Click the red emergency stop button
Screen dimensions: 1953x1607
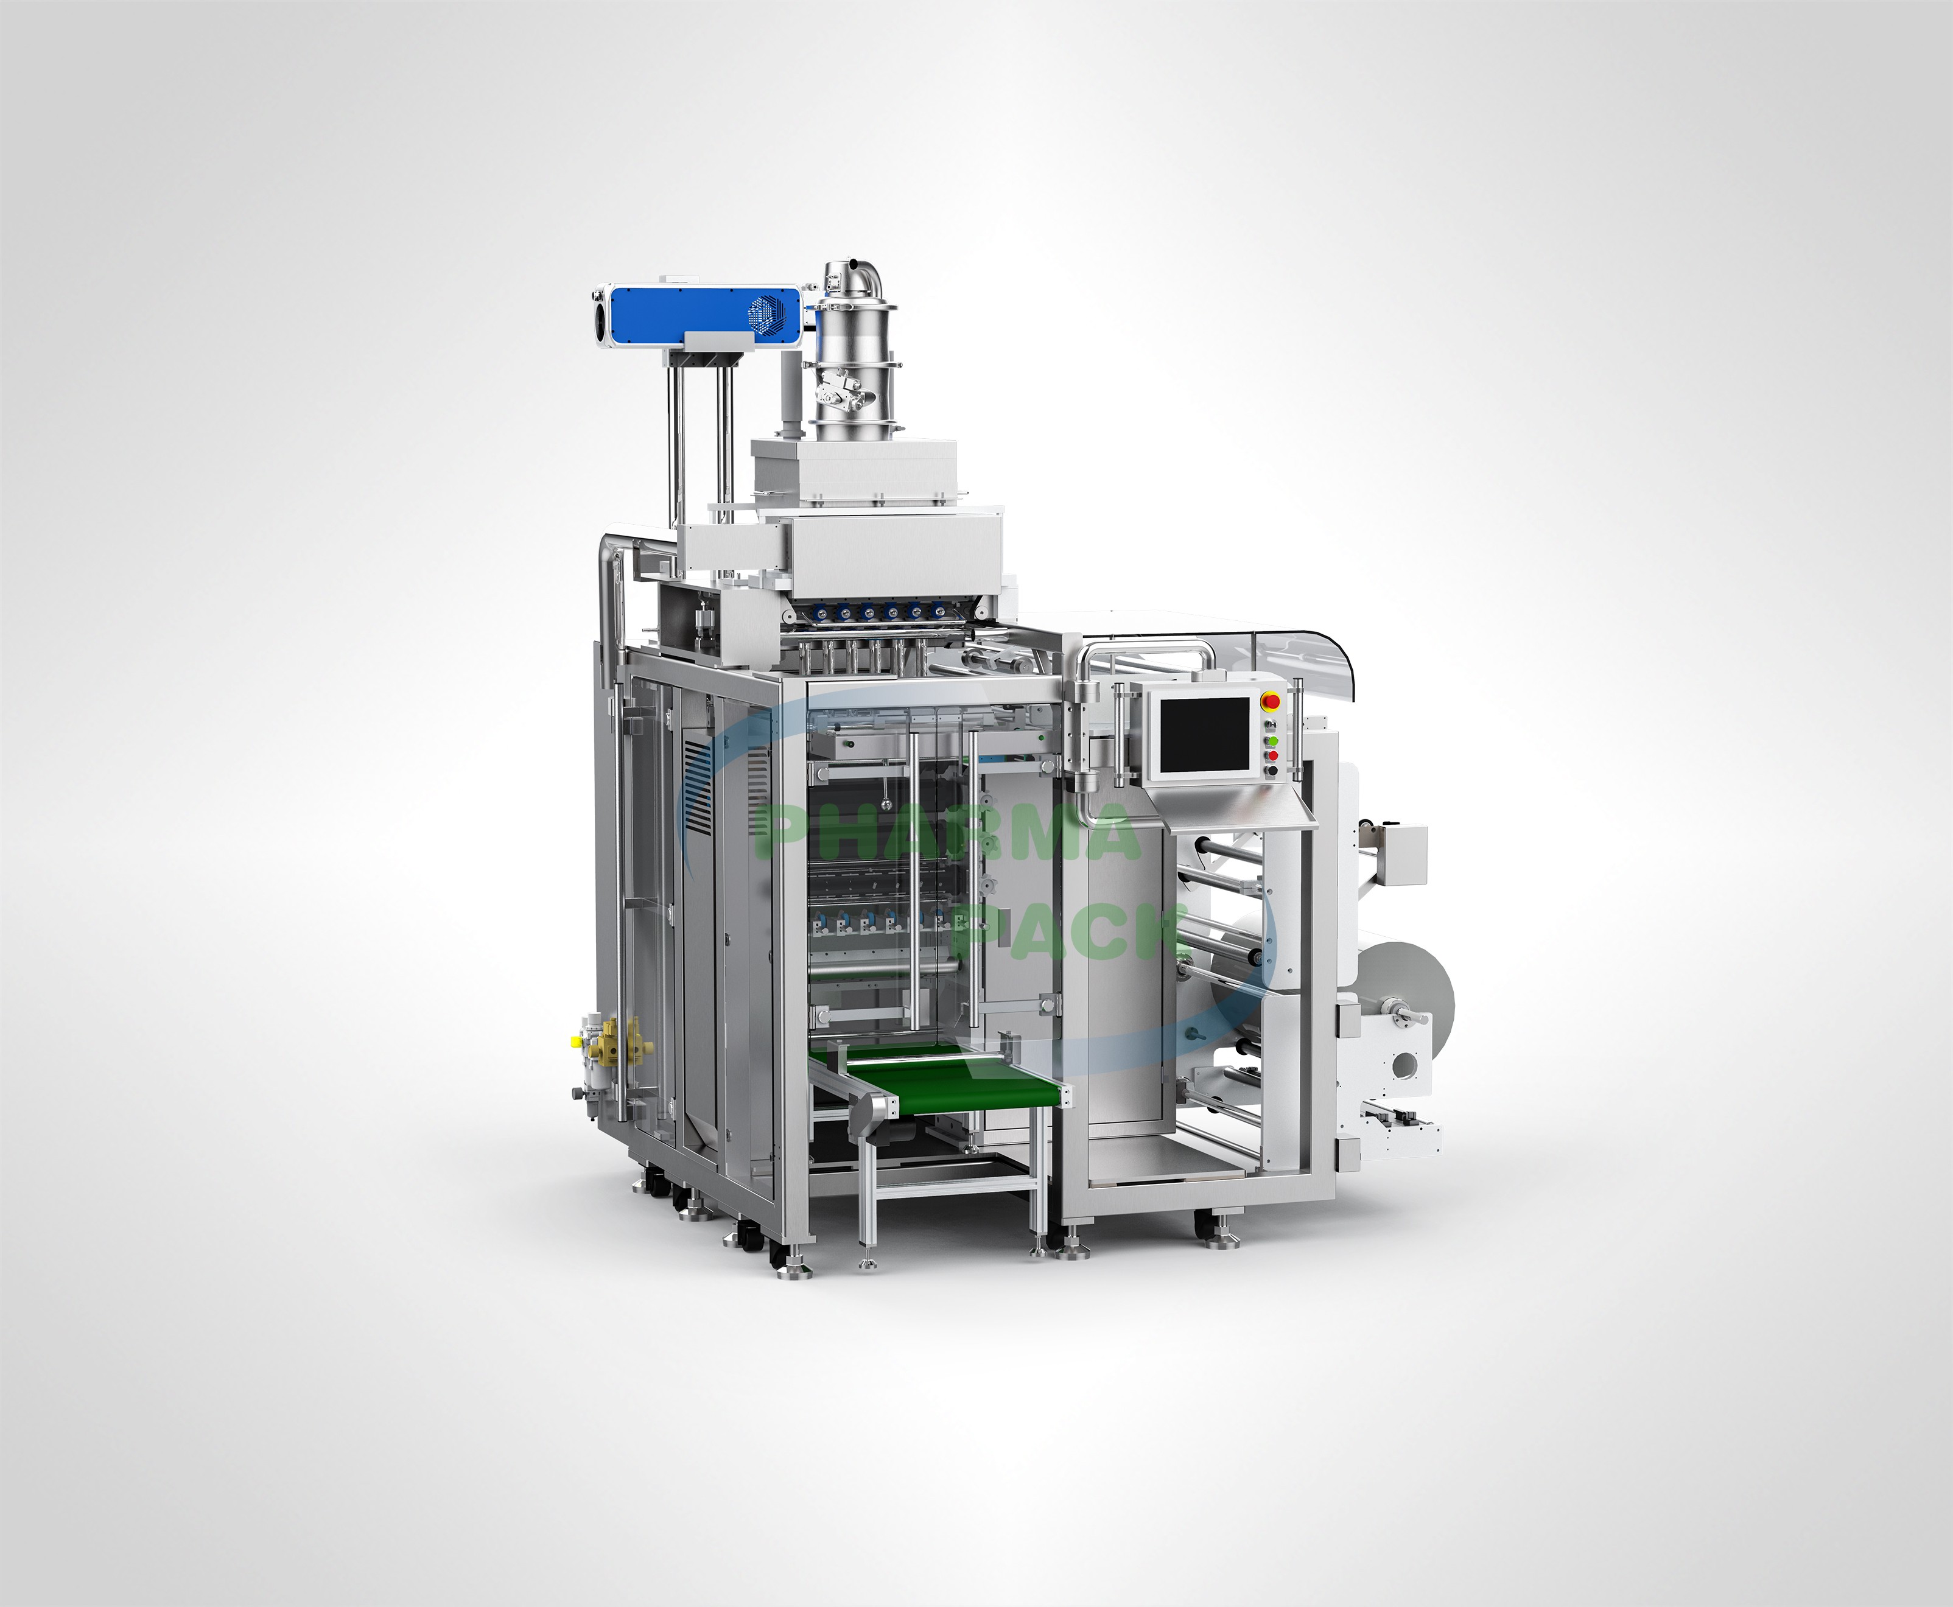coord(1271,701)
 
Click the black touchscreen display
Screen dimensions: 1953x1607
coord(1202,735)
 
